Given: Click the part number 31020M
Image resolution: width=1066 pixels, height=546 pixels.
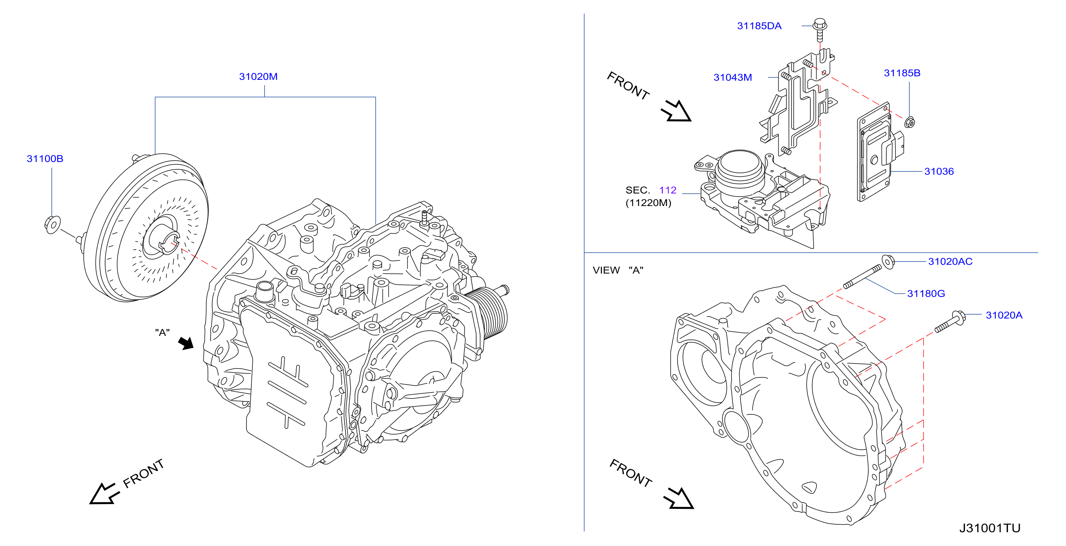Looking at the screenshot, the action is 258,77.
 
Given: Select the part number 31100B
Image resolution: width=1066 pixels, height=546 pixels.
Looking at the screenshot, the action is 45,159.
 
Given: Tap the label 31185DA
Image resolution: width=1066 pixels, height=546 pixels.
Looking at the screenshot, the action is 760,26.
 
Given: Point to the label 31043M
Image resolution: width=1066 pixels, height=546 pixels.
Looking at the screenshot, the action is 733,78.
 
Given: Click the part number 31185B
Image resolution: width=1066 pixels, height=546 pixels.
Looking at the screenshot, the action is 902,73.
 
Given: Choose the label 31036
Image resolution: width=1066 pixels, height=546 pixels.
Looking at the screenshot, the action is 939,171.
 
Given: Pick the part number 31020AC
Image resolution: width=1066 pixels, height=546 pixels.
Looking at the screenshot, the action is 950,261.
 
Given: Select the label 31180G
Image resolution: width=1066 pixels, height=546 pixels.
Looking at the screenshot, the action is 926,294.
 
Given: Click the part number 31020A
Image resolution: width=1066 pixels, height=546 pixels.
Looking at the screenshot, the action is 1004,315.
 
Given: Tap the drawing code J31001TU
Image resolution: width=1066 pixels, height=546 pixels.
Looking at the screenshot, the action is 990,528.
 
